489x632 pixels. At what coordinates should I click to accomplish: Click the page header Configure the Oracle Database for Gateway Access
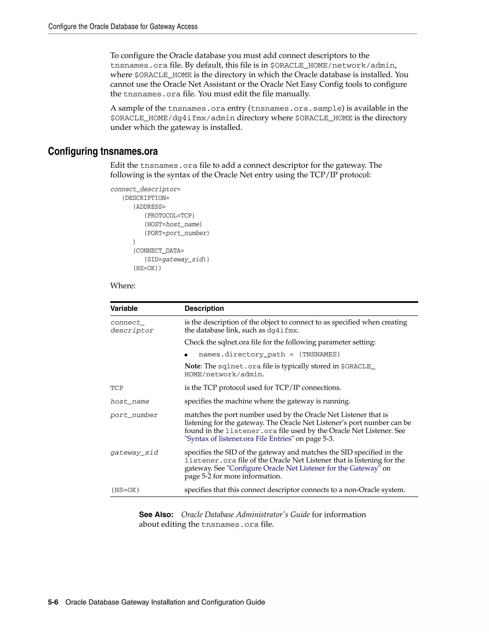pyautogui.click(x=123, y=27)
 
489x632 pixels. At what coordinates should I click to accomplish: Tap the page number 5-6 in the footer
pyautogui.click(x=53, y=602)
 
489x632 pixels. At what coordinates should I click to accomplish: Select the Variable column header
pyautogui.click(x=124, y=308)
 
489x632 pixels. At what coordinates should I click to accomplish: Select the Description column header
pyautogui.click(x=204, y=308)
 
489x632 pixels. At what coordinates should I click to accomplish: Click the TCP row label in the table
pyautogui.click(x=117, y=388)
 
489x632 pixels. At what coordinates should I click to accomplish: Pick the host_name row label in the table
pyautogui.click(x=130, y=402)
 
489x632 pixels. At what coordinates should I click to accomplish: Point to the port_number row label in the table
pyautogui.click(x=134, y=415)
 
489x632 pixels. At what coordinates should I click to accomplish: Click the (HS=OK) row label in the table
pyautogui.click(x=125, y=490)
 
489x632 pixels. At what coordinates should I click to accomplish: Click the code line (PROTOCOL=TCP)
pyautogui.click(x=170, y=216)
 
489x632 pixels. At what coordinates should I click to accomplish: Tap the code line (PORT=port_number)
pyautogui.click(x=177, y=233)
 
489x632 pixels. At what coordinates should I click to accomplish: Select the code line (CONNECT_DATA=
pyautogui.click(x=159, y=251)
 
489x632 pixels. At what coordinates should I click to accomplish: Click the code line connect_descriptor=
pyautogui.click(x=145, y=189)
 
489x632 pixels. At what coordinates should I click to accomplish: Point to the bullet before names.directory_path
pyautogui.click(x=186, y=355)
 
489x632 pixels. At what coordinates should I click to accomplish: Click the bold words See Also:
pyautogui.click(x=156, y=514)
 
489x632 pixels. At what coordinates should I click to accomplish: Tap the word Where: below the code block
pyautogui.click(x=123, y=286)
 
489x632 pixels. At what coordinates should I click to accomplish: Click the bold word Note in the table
pyautogui.click(x=192, y=366)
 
